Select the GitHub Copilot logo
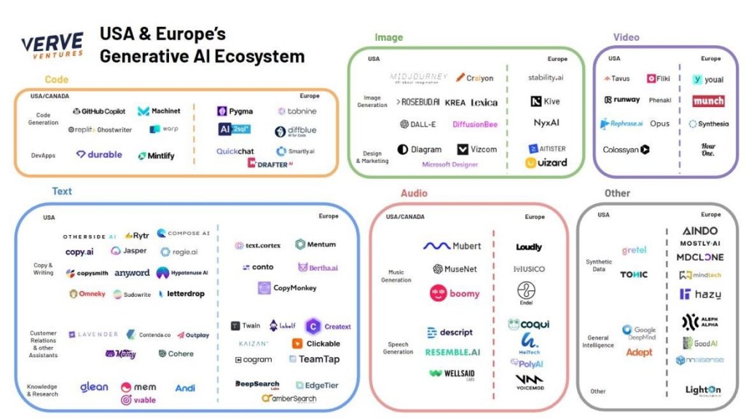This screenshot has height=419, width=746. (99, 111)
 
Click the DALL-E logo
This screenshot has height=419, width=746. (418, 124)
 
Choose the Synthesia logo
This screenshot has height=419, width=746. (708, 124)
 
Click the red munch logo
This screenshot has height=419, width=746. (708, 101)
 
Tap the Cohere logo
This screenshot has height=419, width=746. (176, 354)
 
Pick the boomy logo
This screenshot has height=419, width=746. (455, 293)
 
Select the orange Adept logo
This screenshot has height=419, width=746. (639, 352)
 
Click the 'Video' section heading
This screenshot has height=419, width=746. (626, 37)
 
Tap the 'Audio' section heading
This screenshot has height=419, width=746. (414, 193)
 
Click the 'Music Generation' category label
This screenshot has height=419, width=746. (396, 276)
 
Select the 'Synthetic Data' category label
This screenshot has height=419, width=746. (599, 266)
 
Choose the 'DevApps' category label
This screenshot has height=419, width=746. (44, 155)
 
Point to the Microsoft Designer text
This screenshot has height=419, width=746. (450, 164)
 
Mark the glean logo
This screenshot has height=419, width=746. (94, 387)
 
